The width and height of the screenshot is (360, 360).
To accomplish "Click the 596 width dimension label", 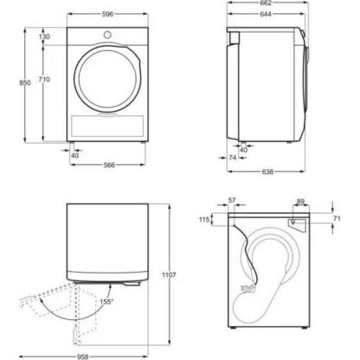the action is click(107, 14).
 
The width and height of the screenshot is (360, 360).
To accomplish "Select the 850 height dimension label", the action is click(25, 83).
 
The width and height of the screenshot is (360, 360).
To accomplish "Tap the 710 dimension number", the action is click(44, 80).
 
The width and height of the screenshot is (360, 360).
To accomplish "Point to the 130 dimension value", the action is click(44, 36).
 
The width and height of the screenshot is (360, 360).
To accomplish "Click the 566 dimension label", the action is click(109, 165).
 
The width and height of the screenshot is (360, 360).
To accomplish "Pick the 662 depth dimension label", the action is click(266, 3).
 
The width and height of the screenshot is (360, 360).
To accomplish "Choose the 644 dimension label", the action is click(266, 14).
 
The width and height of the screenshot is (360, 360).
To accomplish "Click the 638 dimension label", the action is click(267, 171).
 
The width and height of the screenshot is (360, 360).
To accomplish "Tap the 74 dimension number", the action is click(233, 157).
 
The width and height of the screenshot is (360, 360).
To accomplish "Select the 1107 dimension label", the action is click(169, 275).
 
